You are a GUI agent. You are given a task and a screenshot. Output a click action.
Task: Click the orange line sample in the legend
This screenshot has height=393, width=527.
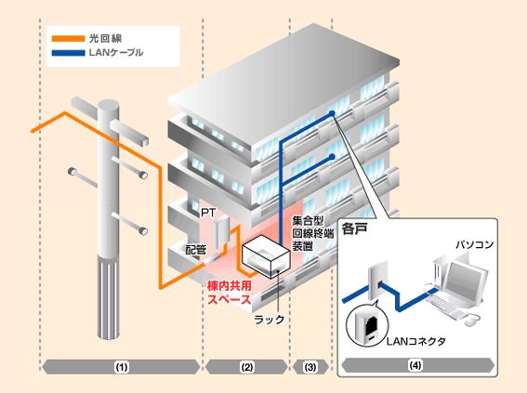[68, 39]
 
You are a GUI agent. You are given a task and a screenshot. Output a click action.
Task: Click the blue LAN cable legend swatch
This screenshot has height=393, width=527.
[68, 53]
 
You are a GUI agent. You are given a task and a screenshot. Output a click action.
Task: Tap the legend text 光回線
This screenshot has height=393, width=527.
[105, 39]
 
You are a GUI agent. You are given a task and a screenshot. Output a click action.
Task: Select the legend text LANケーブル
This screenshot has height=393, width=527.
[116, 53]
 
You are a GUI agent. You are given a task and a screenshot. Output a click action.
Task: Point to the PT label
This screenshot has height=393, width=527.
[208, 212]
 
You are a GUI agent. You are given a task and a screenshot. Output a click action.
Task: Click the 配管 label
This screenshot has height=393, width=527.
[196, 250]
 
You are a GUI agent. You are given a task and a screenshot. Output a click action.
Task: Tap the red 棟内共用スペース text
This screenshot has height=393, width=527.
[230, 293]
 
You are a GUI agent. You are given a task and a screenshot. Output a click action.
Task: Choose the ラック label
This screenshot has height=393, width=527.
[270, 319]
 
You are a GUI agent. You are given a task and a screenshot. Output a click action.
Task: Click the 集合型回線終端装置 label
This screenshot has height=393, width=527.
[313, 233]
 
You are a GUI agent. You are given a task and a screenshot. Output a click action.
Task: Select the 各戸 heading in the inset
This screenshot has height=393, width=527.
[354, 229]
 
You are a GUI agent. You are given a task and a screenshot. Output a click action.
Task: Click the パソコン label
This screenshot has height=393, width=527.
[474, 244]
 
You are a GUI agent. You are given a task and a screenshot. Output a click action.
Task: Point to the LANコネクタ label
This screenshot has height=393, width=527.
[416, 341]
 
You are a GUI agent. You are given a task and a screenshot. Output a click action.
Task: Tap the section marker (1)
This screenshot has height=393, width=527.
[122, 367]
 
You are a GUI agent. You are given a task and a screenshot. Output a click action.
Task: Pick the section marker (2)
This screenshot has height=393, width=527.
[247, 367]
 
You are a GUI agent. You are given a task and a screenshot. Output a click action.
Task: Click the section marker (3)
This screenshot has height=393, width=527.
[310, 367]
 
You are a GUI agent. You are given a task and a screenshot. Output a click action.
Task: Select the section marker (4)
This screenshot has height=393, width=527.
[415, 365]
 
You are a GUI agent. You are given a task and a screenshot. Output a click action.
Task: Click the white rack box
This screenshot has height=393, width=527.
[266, 255]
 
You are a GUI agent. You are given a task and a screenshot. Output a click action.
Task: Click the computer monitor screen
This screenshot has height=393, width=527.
[464, 279]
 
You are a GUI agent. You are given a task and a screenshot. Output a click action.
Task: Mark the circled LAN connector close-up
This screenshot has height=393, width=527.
[367, 325]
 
